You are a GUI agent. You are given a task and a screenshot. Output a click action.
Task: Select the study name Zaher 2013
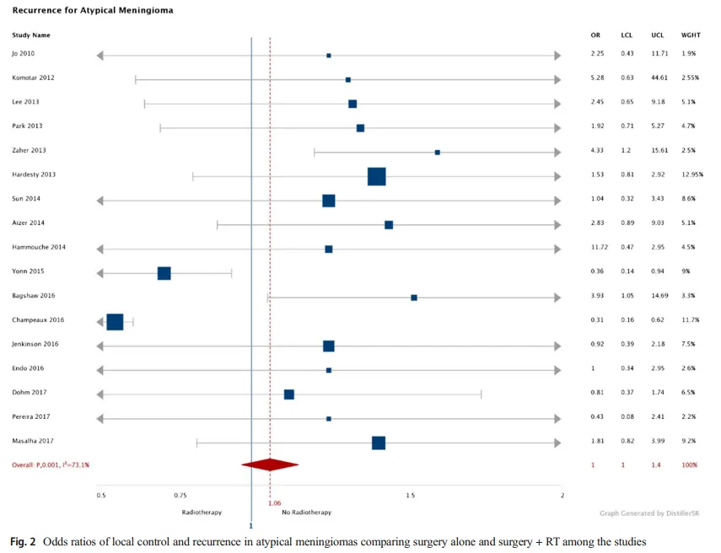coord(29,150)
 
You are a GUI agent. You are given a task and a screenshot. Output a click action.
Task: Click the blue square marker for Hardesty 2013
coord(377,176)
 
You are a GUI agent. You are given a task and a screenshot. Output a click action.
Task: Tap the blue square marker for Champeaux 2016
coord(116,322)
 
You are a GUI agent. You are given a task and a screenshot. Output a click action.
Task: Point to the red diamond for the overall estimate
coord(270,464)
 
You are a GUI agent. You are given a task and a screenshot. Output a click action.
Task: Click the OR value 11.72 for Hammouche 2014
coord(597,248)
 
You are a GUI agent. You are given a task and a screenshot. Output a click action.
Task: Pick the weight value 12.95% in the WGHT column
coord(691,174)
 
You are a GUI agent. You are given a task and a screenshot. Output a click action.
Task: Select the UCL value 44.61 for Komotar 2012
coord(659,78)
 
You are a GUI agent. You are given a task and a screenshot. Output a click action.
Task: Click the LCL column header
coord(627,35)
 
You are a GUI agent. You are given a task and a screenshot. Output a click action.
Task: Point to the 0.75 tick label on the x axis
coord(180,496)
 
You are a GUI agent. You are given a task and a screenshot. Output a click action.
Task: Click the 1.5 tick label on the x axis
coord(411,496)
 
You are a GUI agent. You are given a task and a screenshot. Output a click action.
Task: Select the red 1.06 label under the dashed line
coord(274,504)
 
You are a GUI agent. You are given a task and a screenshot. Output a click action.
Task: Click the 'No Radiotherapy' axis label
coord(306,513)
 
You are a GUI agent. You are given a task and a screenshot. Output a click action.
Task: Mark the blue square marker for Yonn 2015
coord(164,273)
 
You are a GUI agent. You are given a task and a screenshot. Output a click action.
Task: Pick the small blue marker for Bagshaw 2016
coord(414,298)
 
